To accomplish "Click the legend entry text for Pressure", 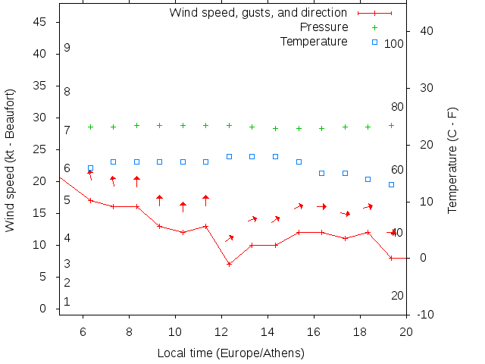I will pos(324,27).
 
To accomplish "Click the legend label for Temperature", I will pos(314,41).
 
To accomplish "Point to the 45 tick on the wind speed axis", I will pos(41,23).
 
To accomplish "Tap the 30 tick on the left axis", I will pos(41,118).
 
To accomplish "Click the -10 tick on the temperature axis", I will pos(426,315).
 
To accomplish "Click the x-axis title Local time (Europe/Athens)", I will pos(230,353).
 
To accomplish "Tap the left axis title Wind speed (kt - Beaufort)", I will pos(11,159).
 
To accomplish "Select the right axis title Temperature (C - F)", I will pos(452,159).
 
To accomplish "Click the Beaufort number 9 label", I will pos(67,48).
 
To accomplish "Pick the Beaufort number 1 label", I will pos(67,302).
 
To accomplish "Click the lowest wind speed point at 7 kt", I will pos(229,264).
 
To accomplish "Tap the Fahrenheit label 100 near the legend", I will pos(394,44).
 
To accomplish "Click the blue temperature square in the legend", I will pos(374,42).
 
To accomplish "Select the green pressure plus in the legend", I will pos(374,27).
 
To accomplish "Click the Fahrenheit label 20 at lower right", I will pos(397,295).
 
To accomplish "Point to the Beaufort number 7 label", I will pos(67,130).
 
